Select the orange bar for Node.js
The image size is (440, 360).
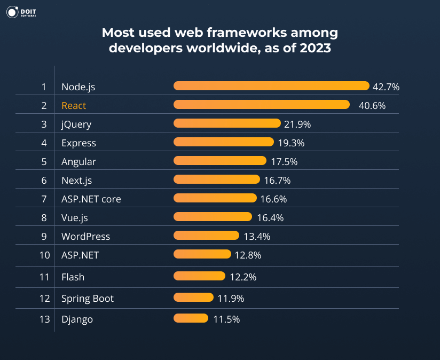pos(271,86)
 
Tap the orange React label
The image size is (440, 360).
pos(74,106)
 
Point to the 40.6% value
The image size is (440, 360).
pos(372,106)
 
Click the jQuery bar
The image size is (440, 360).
pos(227,124)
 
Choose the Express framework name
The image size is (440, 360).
pos(78,143)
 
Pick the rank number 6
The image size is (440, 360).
pos(44,181)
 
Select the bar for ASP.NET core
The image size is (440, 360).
pos(215,199)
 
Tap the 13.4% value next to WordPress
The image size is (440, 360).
pos(257,236)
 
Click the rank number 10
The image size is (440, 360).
pos(44,255)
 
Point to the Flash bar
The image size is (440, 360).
pos(199,276)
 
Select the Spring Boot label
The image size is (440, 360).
pos(88,298)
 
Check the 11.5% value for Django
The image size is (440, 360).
pos(226,319)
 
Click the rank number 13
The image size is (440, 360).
pos(44,319)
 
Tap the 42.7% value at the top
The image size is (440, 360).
pos(386,87)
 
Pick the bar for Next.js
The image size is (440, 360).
pos(217,180)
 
